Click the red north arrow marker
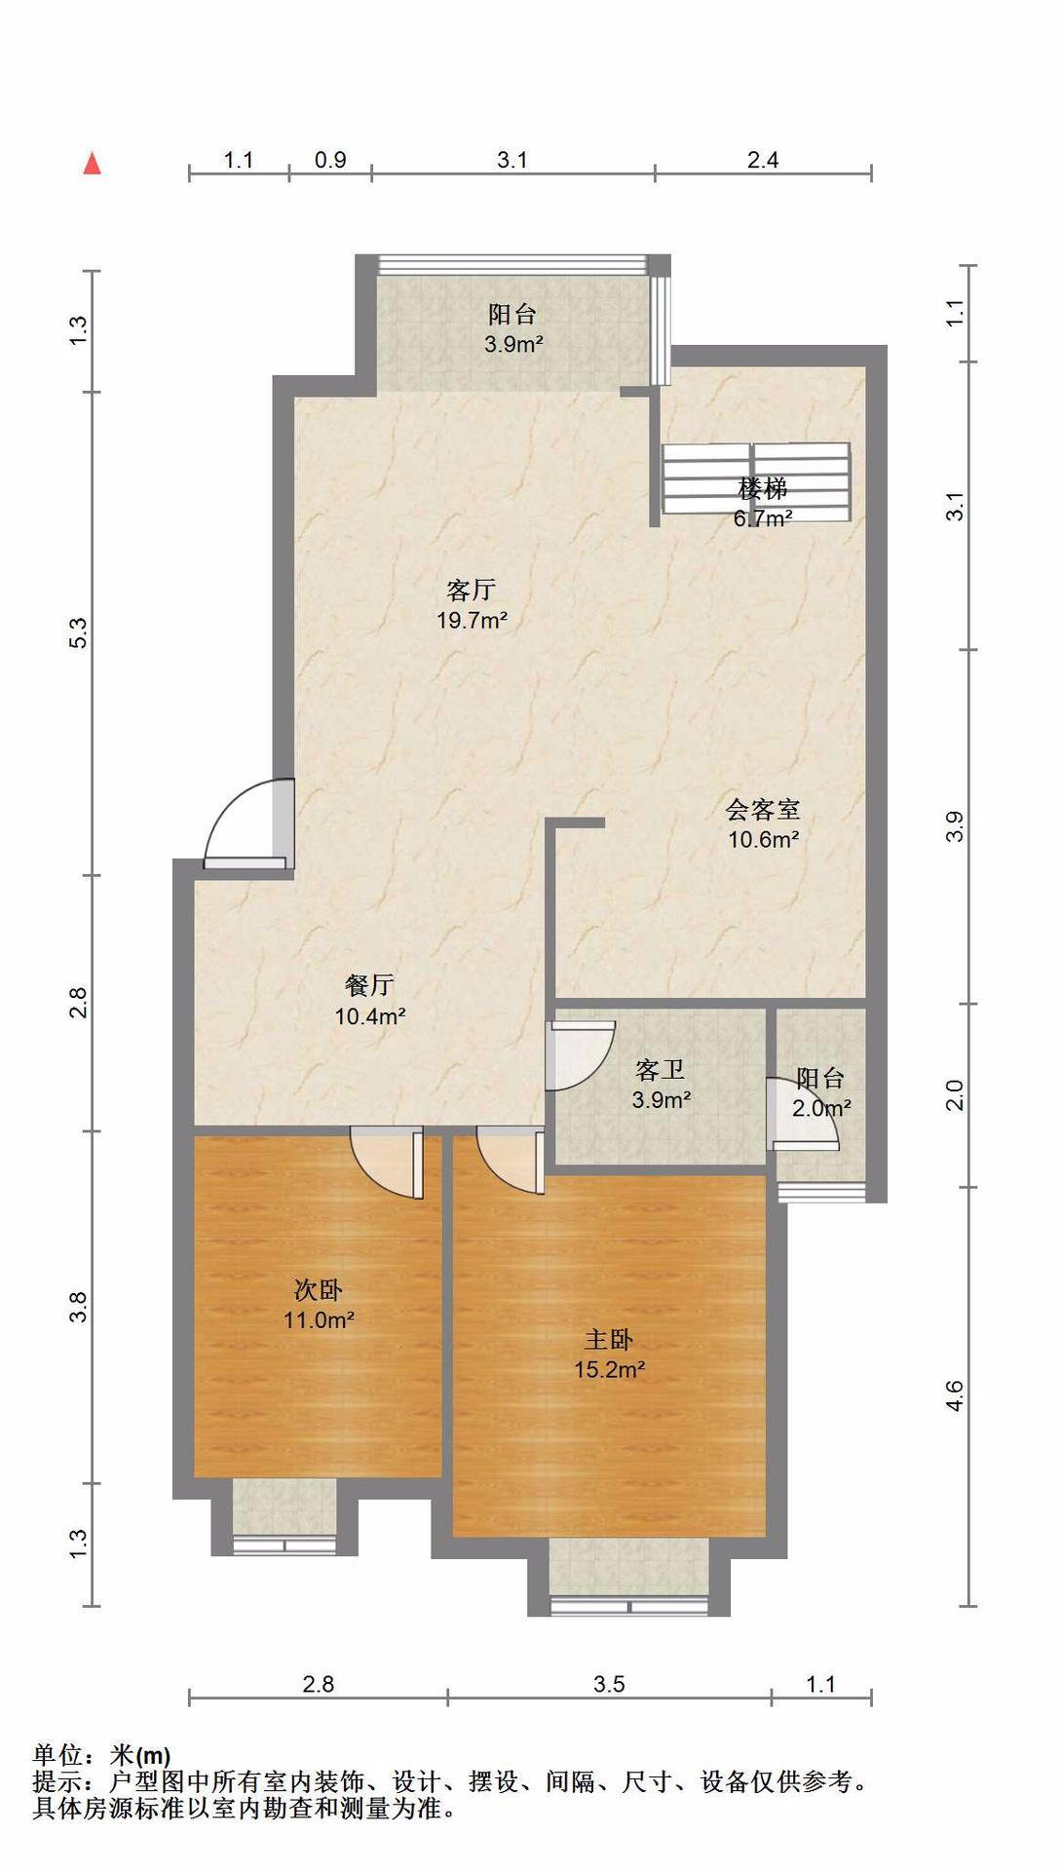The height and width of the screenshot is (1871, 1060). (x=93, y=163)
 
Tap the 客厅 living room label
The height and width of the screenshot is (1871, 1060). (x=472, y=590)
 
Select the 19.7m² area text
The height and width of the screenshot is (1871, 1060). (x=472, y=620)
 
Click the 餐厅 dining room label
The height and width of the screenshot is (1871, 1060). (x=369, y=985)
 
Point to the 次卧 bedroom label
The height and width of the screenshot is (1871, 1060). (x=319, y=1290)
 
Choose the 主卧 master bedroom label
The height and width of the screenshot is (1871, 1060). (x=609, y=1340)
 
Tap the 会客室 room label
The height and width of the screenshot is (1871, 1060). (x=763, y=809)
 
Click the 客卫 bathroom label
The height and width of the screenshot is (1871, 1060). (x=661, y=1070)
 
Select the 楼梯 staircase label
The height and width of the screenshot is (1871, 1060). (x=763, y=488)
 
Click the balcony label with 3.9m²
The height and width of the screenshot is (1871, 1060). (x=512, y=314)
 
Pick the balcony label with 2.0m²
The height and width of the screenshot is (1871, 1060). (x=820, y=1078)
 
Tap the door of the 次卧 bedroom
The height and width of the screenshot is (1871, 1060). (x=387, y=1162)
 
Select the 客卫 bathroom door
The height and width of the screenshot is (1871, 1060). (x=580, y=1055)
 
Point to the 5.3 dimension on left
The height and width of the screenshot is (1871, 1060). (x=79, y=633)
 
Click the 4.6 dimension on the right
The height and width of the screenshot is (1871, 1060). (x=956, y=1395)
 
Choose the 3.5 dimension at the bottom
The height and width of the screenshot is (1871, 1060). (x=609, y=1684)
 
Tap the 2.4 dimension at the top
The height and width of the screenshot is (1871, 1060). (x=763, y=160)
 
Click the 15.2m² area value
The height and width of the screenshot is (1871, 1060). (x=610, y=1369)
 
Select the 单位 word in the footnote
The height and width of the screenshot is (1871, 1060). (x=57, y=1756)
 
